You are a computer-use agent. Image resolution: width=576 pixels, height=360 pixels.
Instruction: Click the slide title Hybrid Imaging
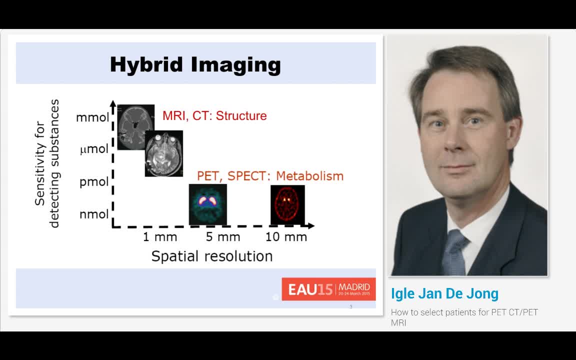(x=195, y=65)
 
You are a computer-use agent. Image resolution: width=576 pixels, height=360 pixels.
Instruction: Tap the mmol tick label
(x=92, y=118)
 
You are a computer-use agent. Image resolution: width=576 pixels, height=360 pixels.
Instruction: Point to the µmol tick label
(x=94, y=149)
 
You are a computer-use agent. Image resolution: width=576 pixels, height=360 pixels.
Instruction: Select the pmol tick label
(x=94, y=182)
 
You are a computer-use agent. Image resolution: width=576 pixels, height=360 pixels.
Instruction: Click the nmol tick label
(x=94, y=214)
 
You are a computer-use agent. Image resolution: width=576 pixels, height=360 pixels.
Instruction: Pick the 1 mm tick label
(x=159, y=237)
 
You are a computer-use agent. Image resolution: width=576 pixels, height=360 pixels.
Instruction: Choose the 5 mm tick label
(x=223, y=237)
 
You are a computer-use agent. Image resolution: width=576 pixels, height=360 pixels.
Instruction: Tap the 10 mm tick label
(x=286, y=237)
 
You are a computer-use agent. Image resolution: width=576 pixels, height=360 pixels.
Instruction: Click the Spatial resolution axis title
(x=211, y=256)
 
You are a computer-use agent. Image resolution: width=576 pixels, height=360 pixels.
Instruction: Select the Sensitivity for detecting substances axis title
(x=47, y=163)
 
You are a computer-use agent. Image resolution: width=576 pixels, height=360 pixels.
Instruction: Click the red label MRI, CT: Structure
(x=214, y=116)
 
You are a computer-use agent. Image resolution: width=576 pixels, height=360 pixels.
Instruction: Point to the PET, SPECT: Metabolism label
(x=270, y=176)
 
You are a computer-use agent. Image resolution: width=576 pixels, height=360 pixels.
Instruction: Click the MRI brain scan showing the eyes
(x=164, y=153)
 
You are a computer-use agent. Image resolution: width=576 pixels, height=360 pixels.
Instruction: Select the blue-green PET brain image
(x=207, y=204)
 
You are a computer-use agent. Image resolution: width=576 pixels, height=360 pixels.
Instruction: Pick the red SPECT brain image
(x=287, y=204)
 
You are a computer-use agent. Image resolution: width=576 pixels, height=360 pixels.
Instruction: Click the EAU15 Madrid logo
(x=328, y=289)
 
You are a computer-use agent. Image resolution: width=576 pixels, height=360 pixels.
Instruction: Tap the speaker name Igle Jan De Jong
(x=444, y=293)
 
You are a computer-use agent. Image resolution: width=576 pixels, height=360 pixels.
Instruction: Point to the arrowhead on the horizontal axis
(x=310, y=226)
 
